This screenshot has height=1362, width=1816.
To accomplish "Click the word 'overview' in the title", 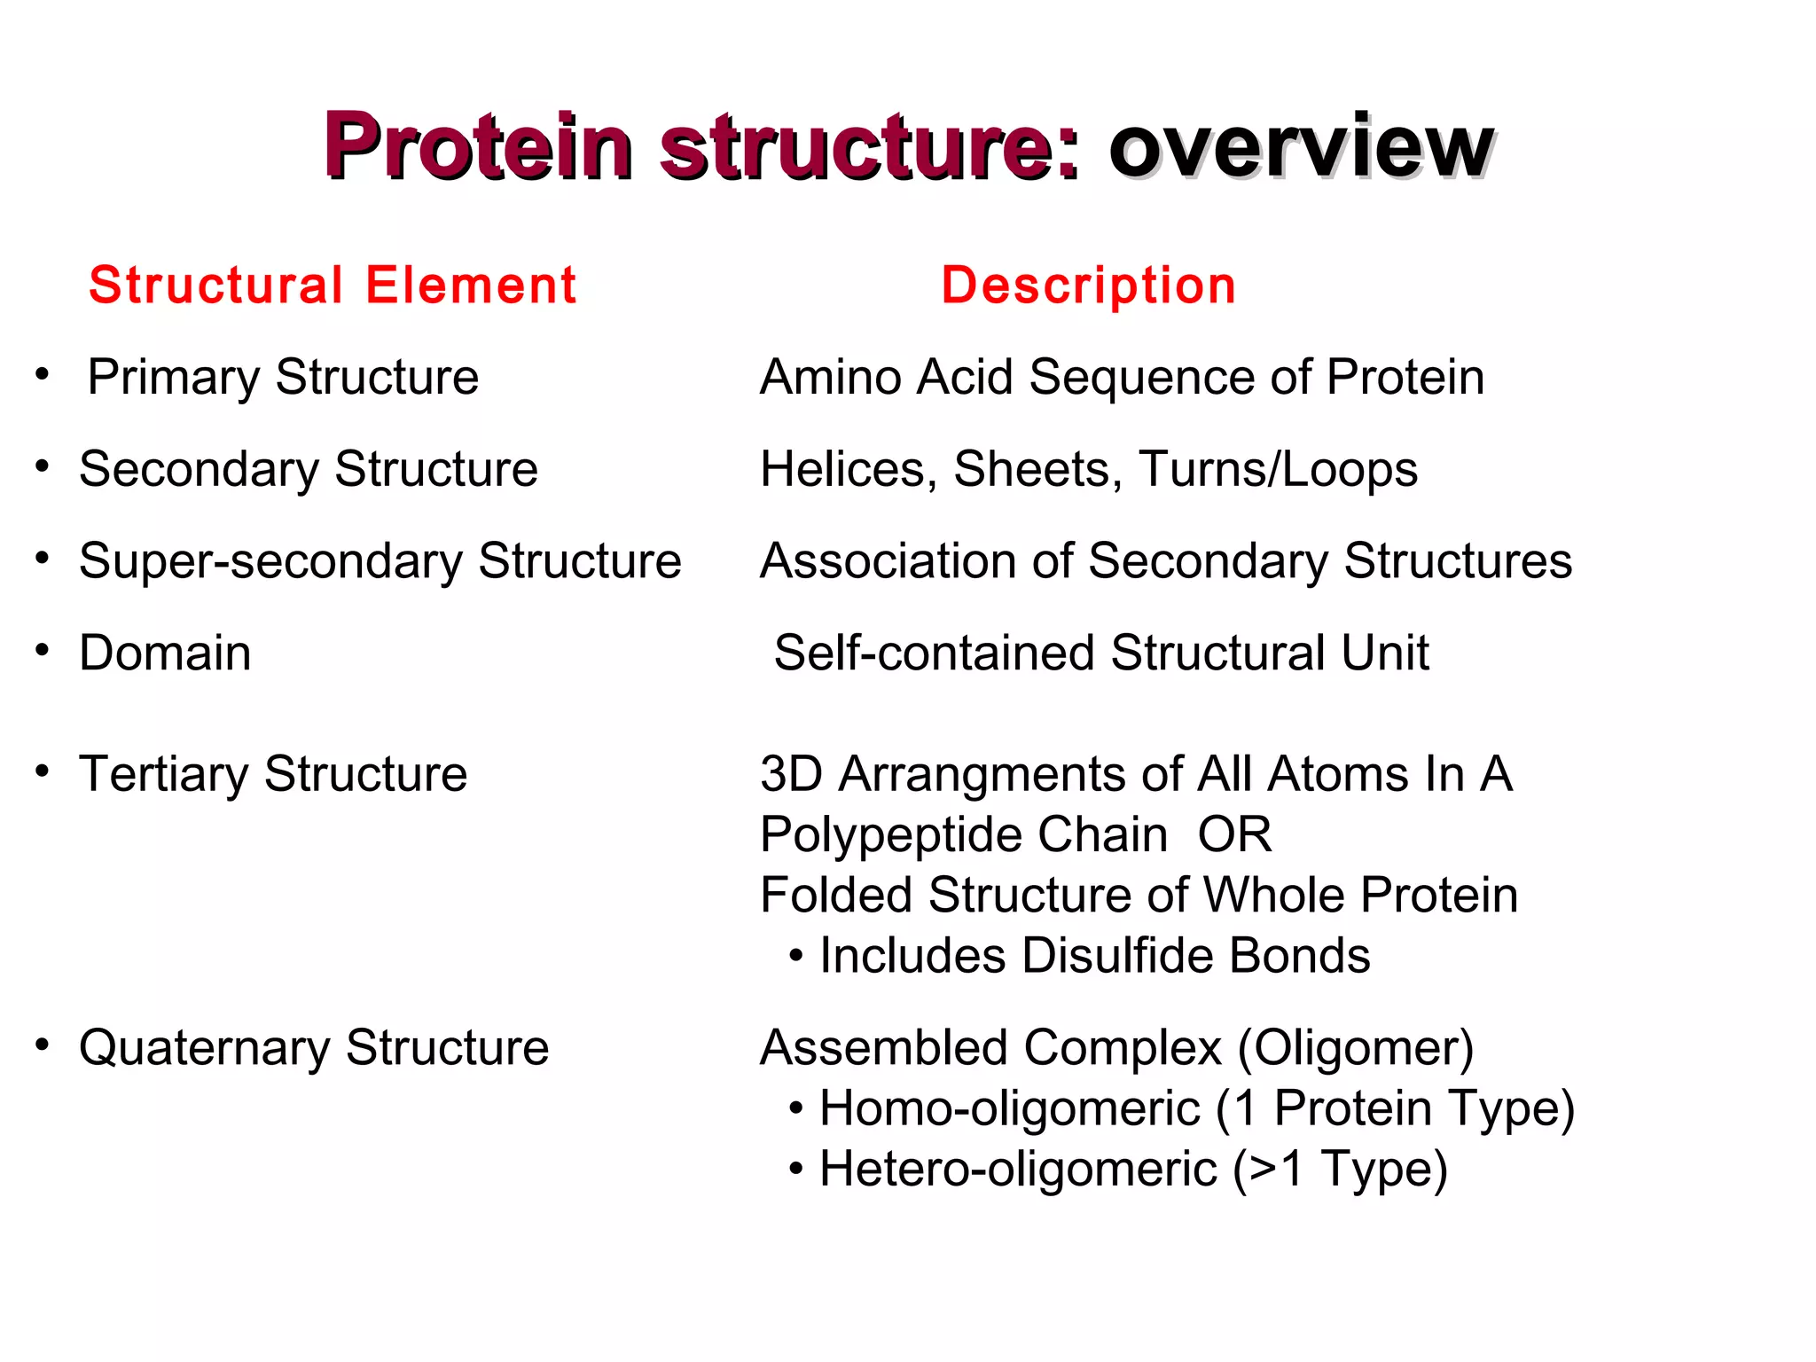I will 1300,146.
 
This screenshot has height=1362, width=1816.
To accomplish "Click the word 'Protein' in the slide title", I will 478,146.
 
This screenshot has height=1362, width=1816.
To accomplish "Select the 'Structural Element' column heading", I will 333,286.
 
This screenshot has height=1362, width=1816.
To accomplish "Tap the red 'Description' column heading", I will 1088,286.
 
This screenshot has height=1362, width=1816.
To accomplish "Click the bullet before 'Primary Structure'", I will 42,373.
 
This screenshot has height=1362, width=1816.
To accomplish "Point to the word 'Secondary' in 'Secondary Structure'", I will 198,469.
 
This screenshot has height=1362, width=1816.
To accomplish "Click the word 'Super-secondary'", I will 270,561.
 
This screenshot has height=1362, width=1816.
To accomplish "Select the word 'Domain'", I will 165,654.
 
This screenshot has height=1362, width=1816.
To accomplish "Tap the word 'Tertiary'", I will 163,774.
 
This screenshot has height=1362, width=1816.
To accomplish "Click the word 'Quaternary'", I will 204,1048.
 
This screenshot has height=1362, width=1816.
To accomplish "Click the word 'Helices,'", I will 849,469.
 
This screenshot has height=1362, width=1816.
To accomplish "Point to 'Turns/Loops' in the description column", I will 1278,469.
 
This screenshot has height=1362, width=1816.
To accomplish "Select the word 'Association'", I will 888,561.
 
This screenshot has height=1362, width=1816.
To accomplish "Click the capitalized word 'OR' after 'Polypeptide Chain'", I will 1234,834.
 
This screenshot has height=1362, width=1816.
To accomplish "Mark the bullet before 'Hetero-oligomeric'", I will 795,1169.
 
